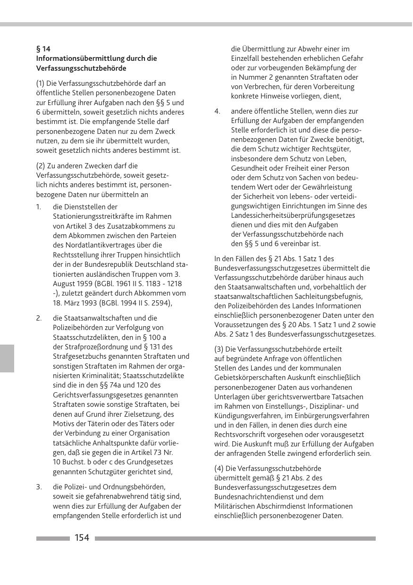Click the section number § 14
(x=43, y=49)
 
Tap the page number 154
(x=82, y=538)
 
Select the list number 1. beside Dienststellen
(x=39, y=207)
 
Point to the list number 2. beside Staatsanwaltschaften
(x=39, y=318)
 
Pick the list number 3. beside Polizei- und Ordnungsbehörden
(x=39, y=487)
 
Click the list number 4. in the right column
(x=217, y=111)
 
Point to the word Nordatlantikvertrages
(x=103, y=245)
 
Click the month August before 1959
(x=64, y=283)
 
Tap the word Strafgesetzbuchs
(x=81, y=356)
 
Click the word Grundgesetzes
(x=151, y=461)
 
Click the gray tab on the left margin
(x=7, y=358)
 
